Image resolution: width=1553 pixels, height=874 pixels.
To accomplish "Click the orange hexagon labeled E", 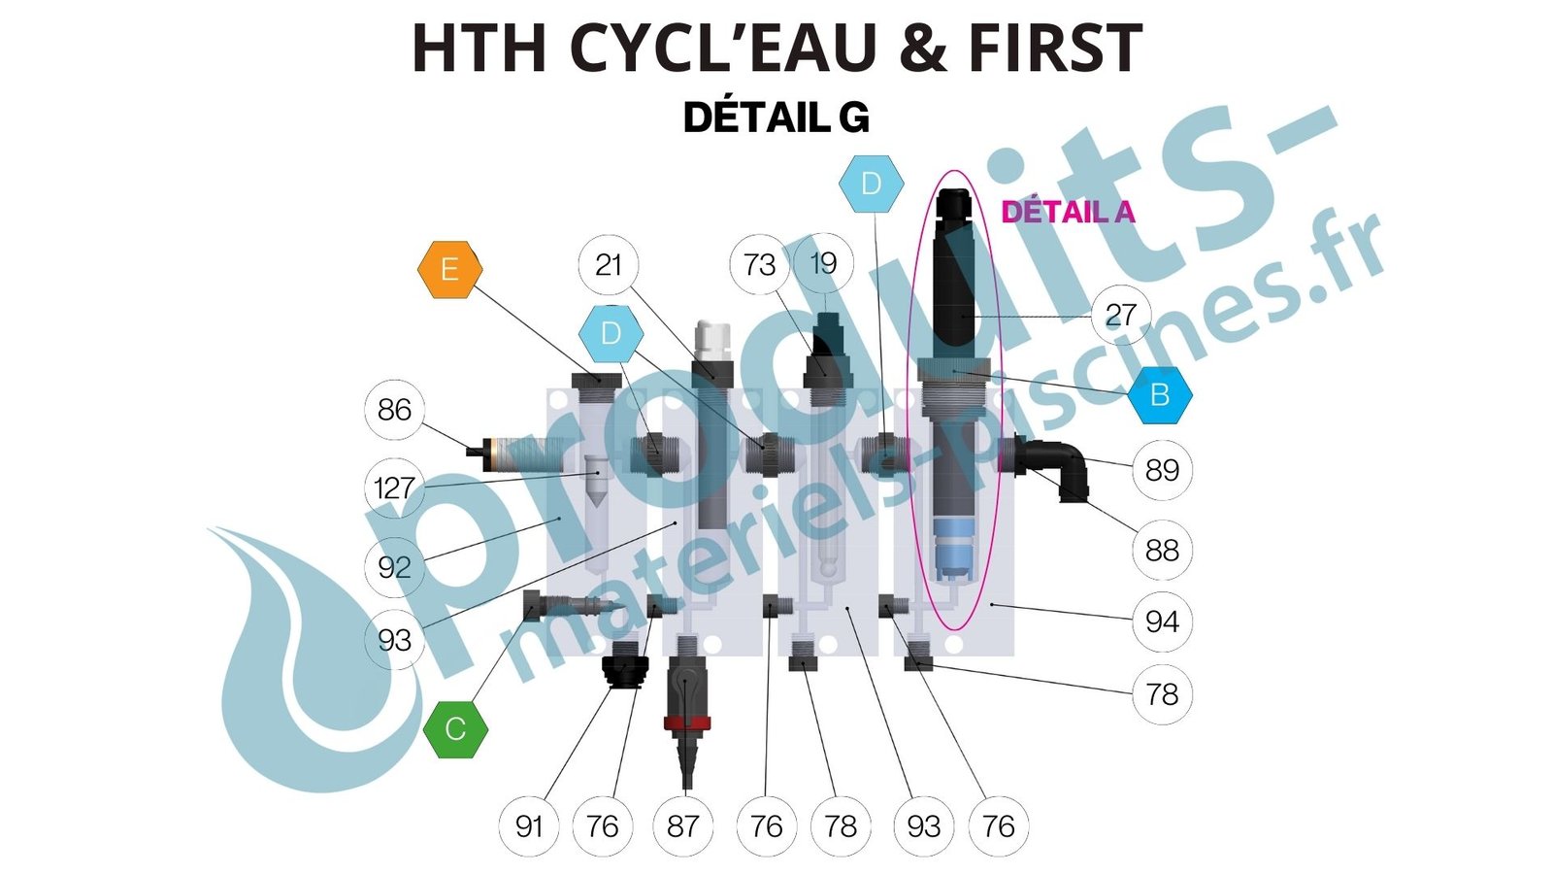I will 449,269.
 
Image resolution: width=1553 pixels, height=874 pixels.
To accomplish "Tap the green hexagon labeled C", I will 455,728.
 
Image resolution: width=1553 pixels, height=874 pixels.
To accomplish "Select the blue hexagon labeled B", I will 1159,395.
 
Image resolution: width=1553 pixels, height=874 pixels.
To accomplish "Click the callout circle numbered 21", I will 608,264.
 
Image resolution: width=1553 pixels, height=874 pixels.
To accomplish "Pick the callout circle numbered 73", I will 759,264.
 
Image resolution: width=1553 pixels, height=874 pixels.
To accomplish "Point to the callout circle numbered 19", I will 823,263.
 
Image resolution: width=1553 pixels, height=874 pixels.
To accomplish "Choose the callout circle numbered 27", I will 1120,315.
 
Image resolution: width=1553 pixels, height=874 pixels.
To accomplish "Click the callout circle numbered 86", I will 394,410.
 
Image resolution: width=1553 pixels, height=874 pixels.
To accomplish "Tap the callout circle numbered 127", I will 394,487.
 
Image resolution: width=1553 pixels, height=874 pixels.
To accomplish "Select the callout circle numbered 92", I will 394,567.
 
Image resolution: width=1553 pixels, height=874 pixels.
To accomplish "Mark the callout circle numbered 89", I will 1162,470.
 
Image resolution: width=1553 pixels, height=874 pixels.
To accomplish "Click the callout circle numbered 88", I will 1162,551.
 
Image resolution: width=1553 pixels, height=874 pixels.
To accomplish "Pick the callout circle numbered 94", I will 1162,622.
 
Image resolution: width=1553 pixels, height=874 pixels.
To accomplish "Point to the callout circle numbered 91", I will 529,826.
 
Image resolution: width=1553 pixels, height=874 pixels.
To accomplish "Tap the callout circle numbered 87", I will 683,826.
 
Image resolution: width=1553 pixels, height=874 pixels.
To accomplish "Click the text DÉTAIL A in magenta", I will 1068,212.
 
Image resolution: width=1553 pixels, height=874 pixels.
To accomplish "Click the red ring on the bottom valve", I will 686,723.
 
